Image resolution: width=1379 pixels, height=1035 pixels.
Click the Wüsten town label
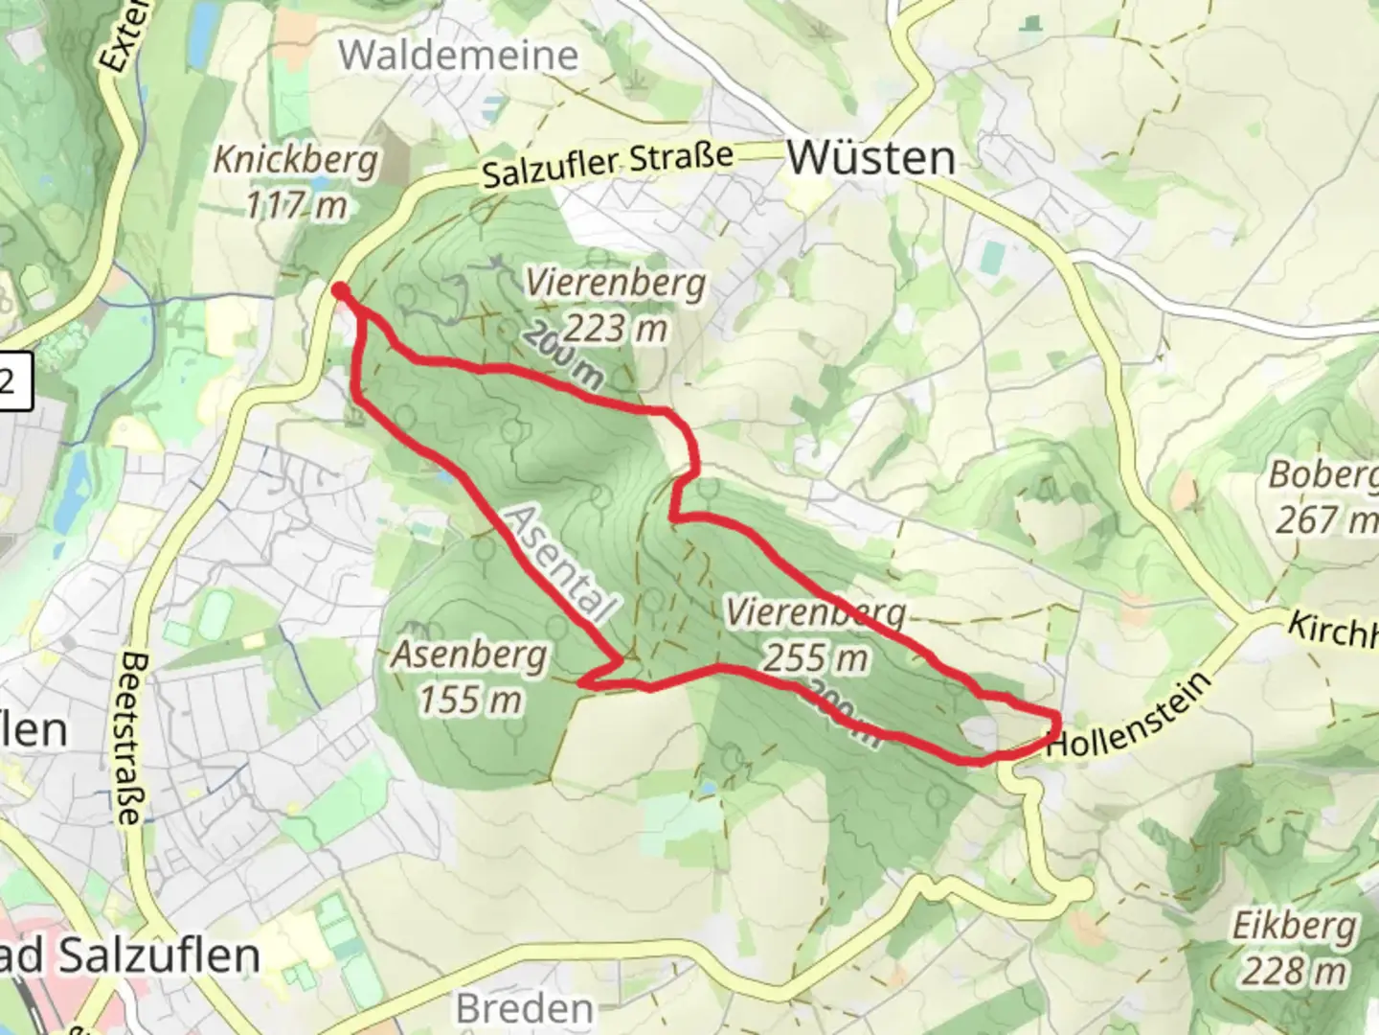tap(870, 158)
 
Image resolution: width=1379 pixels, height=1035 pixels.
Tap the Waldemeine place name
tap(459, 56)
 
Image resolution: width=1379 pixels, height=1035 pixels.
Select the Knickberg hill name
tap(295, 160)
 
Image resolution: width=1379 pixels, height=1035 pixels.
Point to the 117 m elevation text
tap(296, 205)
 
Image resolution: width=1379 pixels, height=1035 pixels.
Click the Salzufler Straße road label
tap(607, 165)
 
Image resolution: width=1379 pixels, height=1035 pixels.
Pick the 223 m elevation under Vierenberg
tap(615, 329)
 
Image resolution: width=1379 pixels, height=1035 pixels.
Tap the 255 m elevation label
tap(816, 657)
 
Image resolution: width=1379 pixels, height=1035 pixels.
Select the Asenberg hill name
tap(469, 655)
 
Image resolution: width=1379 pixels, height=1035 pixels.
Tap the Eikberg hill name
tap(1295, 927)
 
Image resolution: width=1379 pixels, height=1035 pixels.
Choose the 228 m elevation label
tap(1295, 972)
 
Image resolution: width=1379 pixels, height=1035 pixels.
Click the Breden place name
tap(525, 1008)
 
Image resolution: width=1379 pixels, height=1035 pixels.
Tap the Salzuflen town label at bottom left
tap(129, 956)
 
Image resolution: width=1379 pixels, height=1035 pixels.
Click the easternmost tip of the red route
tap(1058, 721)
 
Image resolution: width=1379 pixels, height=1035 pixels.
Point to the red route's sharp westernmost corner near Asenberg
tap(582, 683)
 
